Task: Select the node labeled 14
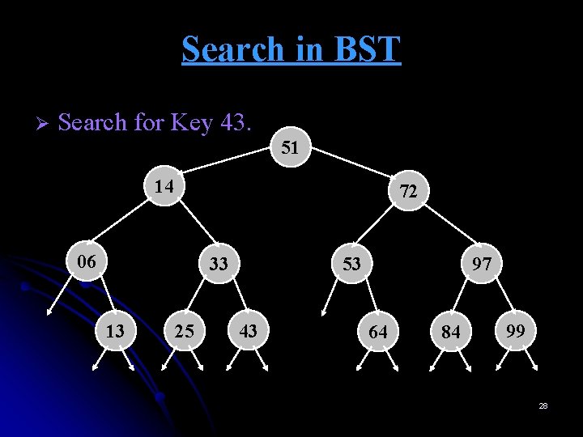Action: click(164, 186)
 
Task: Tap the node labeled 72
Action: click(409, 192)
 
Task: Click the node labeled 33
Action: click(219, 264)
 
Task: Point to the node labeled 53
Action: click(352, 263)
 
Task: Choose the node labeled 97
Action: click(483, 264)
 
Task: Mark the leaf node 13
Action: click(116, 331)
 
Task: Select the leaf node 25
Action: click(185, 332)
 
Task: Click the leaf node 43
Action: click(249, 330)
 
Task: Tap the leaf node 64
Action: click(378, 332)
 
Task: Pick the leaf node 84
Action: click(451, 333)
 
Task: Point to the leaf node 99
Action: click(515, 330)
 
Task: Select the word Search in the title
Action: click(231, 49)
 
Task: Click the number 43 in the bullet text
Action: click(237, 123)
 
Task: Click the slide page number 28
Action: click(543, 405)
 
